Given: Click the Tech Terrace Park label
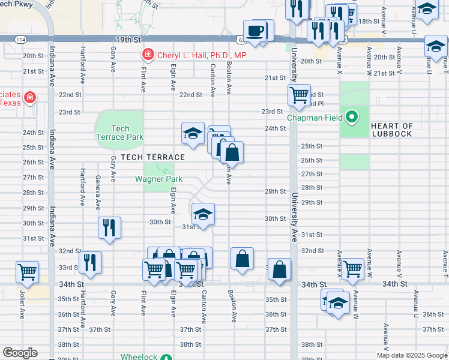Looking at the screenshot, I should click(120, 133).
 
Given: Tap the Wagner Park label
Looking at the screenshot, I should click(158, 179).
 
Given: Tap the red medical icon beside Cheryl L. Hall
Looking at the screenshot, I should click(148, 55).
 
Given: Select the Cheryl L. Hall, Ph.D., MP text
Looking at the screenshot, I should click(202, 55).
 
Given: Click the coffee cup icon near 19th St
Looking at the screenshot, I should click(255, 31).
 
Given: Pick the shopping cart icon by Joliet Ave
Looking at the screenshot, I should click(27, 271).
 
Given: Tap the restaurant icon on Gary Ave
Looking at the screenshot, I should click(109, 227).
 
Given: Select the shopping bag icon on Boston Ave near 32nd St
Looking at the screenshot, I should click(242, 259).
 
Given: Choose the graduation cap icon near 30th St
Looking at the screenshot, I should click(203, 214).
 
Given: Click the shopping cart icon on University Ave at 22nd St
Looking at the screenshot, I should click(298, 94).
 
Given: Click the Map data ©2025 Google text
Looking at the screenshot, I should click(411, 355).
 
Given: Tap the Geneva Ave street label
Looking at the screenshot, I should click(98, 192).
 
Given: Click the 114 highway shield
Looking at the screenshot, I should click(21, 39).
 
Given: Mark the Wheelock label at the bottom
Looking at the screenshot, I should click(139, 356).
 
